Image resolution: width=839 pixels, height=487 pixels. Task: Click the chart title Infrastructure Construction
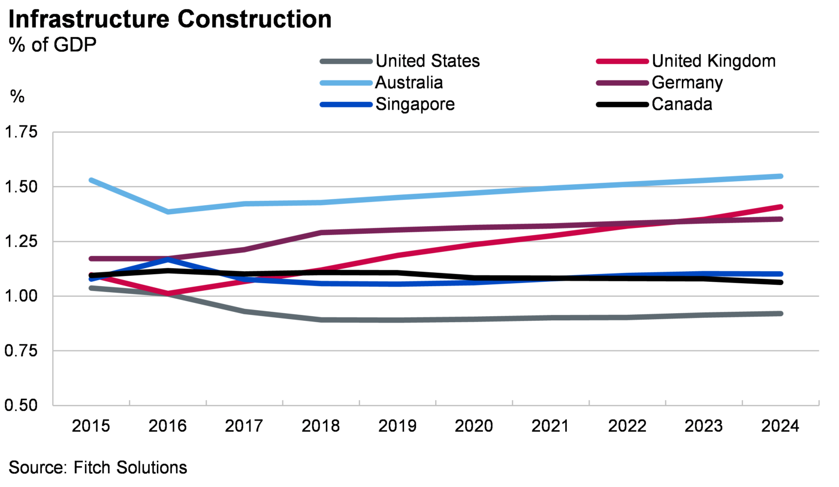click(170, 20)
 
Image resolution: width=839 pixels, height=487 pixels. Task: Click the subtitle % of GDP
click(52, 45)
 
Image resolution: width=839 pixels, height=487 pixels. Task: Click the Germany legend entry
click(687, 82)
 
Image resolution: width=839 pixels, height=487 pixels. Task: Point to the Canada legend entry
click(682, 104)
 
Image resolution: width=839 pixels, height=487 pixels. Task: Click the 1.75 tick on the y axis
click(22, 133)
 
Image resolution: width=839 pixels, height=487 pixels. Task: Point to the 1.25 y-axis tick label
click(22, 242)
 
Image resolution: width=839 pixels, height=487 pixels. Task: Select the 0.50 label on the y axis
click(22, 405)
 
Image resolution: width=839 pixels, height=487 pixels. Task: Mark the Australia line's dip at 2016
click(168, 212)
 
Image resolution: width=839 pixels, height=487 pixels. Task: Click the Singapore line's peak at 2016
click(168, 259)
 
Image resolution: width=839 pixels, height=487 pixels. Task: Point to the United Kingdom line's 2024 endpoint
click(781, 207)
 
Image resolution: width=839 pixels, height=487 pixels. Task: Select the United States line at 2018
click(321, 320)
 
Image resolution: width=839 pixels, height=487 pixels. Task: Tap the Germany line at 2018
click(321, 232)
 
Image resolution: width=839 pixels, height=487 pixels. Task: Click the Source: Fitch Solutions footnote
click(98, 467)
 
